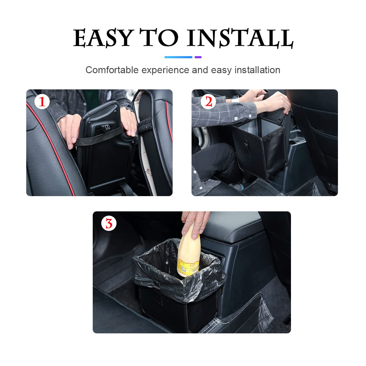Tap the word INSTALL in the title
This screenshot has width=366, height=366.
coord(240,38)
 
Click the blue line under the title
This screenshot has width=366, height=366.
coord(178,57)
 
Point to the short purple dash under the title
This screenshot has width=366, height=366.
coord(198,57)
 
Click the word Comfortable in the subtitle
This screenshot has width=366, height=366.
coord(112,70)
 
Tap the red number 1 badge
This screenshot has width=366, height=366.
coord(42,102)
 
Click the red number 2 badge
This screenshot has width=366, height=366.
coord(208,102)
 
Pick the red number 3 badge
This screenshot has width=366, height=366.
coord(109,224)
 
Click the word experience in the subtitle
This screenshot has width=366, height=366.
coord(165,70)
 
